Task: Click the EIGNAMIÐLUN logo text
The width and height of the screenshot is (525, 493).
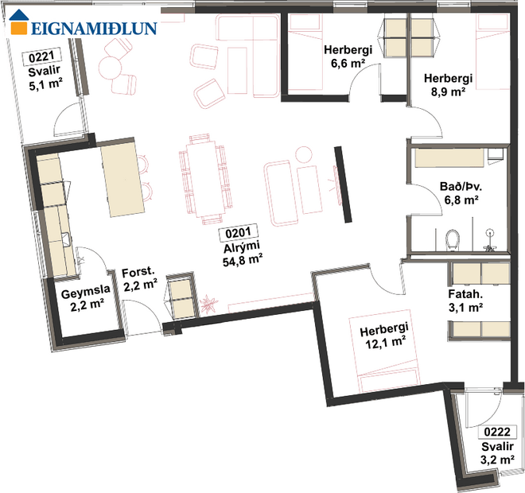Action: pyautogui.click(x=93, y=29)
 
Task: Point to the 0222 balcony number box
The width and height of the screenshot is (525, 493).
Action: pyautogui.click(x=498, y=433)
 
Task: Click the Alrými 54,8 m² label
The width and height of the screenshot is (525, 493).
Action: pyautogui.click(x=243, y=253)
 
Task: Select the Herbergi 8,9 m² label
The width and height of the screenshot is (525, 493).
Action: pyautogui.click(x=449, y=85)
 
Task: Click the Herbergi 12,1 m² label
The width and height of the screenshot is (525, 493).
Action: pyautogui.click(x=383, y=335)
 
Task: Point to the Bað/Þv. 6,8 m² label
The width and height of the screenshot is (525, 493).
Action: pyautogui.click(x=459, y=194)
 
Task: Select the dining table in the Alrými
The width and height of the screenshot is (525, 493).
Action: pyautogui.click(x=198, y=177)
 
